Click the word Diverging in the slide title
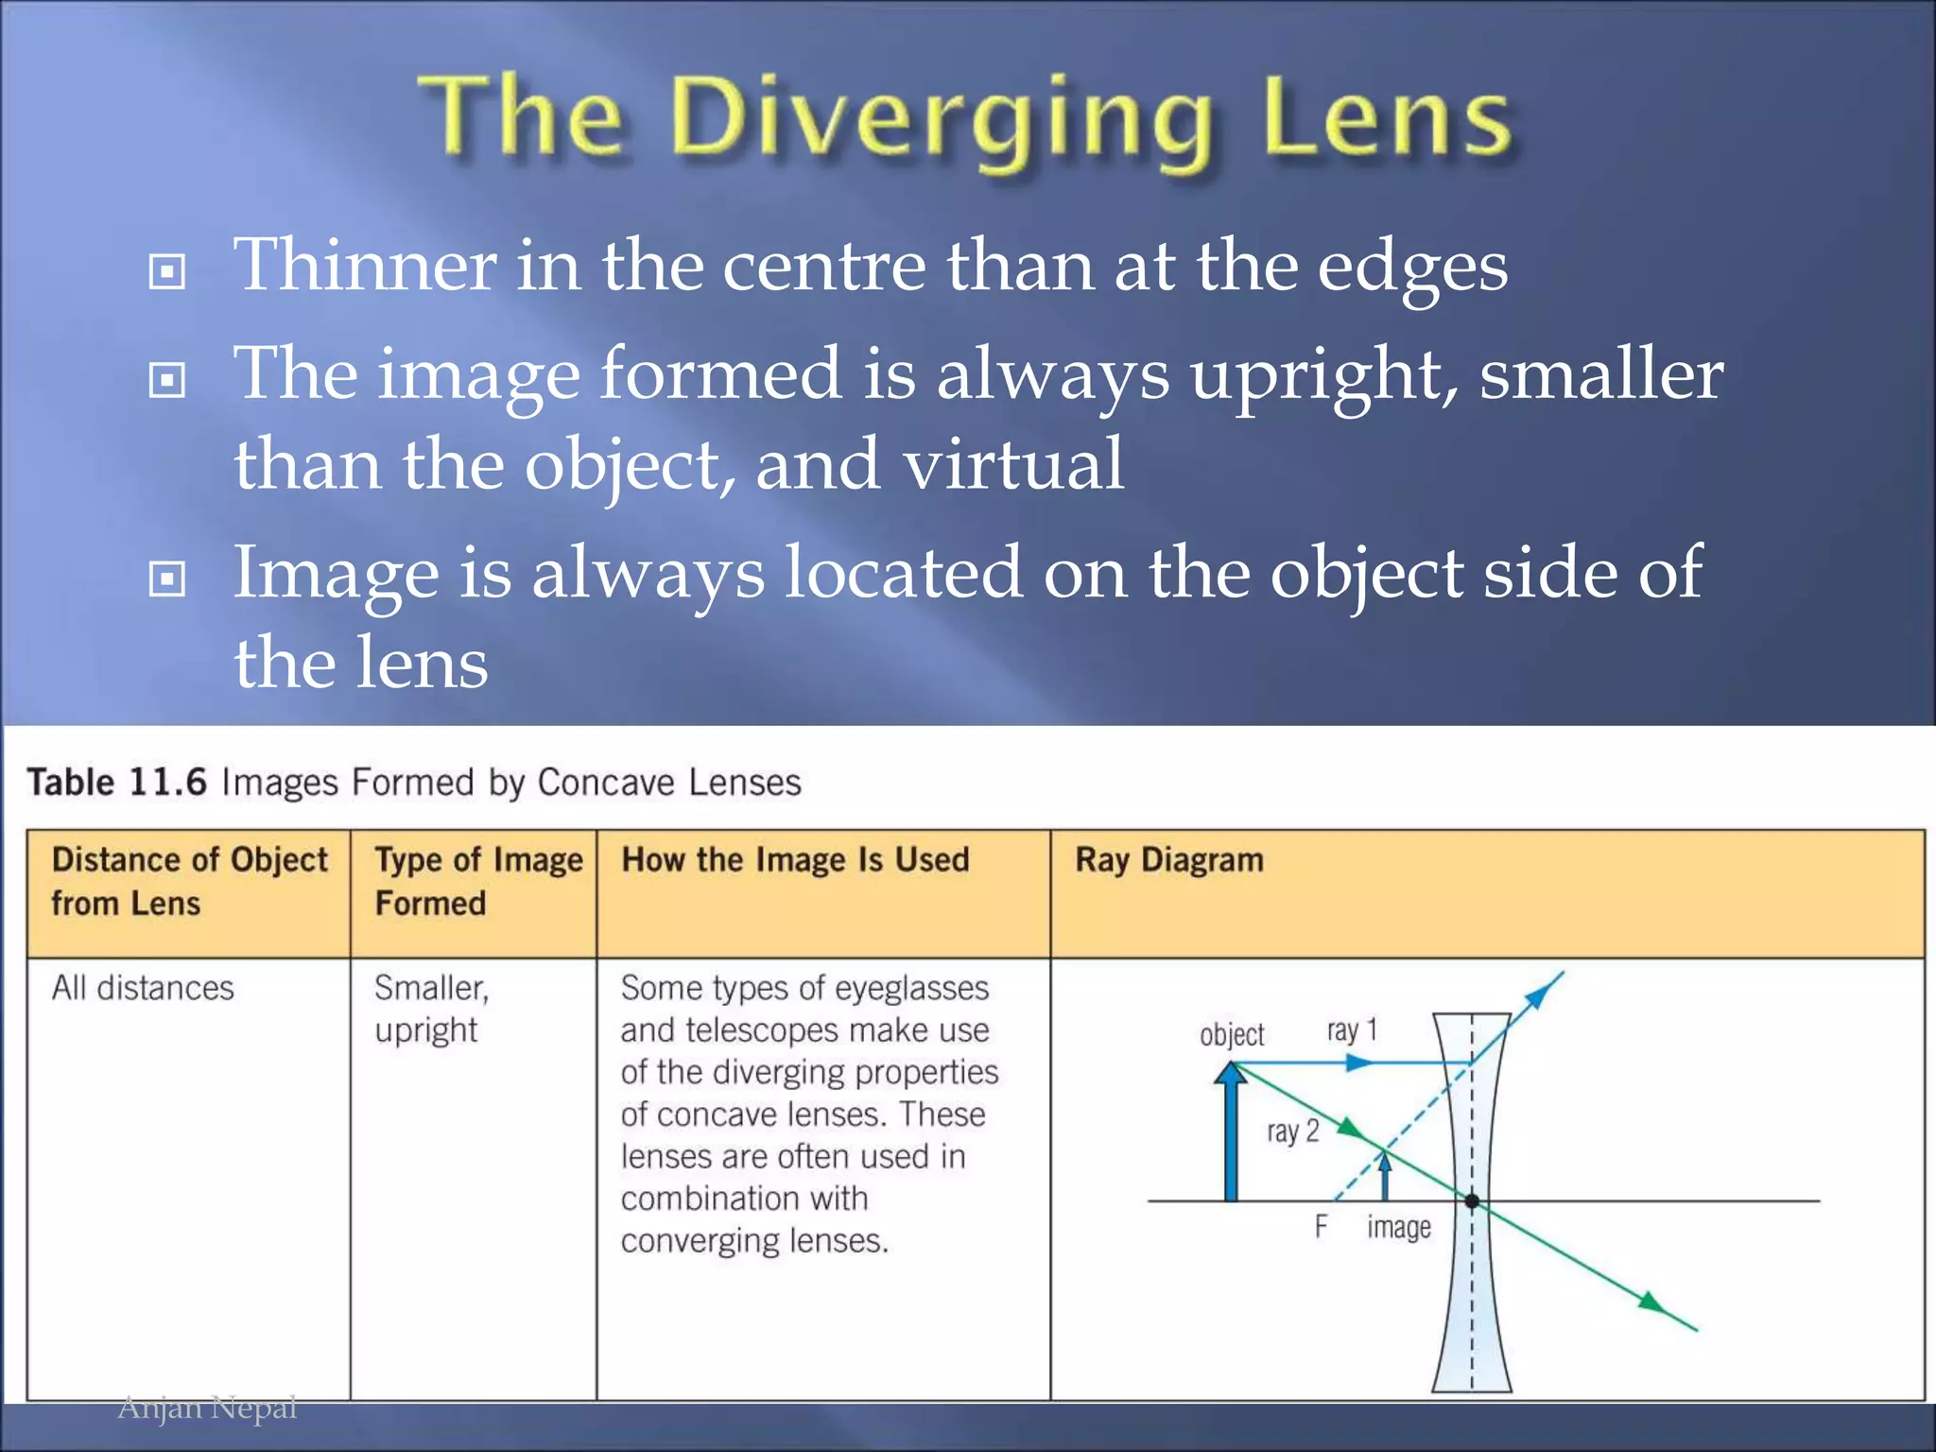[941, 121]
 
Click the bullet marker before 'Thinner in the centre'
[167, 272]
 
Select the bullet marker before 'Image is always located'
[167, 579]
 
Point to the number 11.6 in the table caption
[167, 783]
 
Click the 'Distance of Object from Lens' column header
[189, 881]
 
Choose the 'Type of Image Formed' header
[477, 881]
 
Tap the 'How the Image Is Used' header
[795, 860]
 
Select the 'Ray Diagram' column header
[1169, 860]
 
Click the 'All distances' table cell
[143, 989]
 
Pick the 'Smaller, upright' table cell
[430, 1009]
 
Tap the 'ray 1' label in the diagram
[1352, 1030]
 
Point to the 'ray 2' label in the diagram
[1292, 1132]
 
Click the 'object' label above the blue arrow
[1231, 1035]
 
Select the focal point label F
[1321, 1227]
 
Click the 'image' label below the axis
[1398, 1228]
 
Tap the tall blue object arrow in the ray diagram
[1231, 1134]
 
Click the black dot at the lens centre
[1472, 1201]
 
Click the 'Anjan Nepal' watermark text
[207, 1408]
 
